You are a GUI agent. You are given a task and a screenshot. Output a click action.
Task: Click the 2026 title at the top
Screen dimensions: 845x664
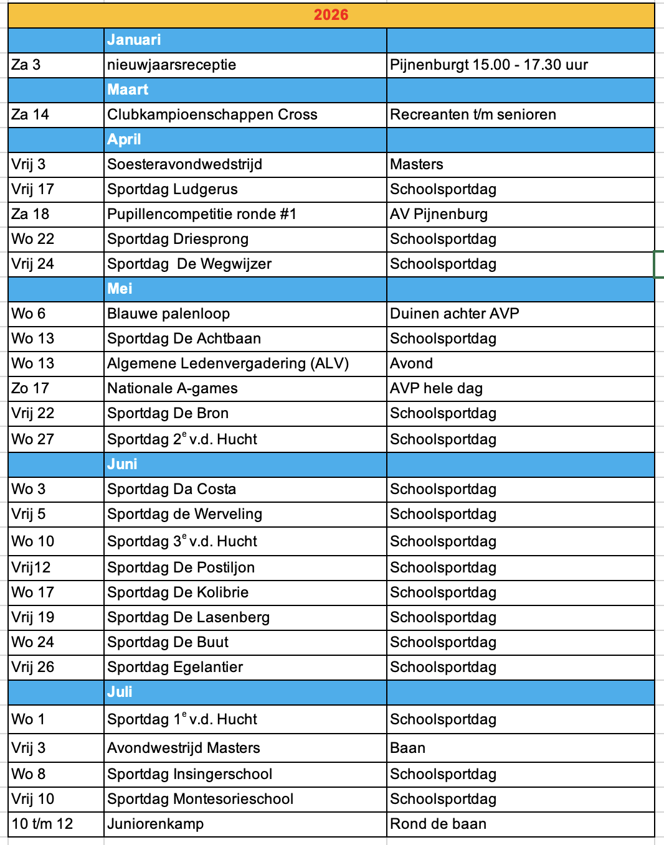331,15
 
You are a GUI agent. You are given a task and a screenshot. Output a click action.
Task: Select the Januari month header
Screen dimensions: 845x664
134,40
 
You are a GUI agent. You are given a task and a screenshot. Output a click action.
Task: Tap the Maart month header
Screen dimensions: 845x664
128,90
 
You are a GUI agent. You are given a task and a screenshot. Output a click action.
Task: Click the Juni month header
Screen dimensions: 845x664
122,464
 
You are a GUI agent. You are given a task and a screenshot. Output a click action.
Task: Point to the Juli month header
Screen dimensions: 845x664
120,692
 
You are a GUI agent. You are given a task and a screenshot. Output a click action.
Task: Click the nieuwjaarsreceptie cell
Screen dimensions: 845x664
171,65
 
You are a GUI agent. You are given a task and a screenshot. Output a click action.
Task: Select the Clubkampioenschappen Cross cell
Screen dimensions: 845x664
212,114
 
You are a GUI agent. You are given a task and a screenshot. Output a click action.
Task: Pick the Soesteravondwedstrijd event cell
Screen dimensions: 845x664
184,164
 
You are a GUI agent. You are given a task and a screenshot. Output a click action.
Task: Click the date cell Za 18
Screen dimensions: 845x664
30,214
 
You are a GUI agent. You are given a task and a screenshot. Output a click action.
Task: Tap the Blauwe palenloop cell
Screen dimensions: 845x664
168,314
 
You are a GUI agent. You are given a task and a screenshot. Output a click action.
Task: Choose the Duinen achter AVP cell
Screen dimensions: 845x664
454,314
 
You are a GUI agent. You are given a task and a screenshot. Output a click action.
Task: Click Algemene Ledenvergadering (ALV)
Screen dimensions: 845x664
228,363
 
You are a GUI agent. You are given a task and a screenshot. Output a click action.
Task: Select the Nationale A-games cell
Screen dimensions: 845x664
172,388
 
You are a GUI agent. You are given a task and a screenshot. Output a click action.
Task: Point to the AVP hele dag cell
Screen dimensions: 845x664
436,388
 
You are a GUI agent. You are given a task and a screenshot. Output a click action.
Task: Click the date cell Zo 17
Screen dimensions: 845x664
30,388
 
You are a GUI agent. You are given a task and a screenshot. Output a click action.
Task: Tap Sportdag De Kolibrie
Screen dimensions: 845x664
178,592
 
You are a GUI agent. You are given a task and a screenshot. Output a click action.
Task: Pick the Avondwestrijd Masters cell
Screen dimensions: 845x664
183,748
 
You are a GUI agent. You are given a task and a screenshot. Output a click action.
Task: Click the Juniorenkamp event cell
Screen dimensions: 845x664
155,824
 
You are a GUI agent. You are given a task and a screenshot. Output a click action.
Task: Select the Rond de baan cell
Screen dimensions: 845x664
438,824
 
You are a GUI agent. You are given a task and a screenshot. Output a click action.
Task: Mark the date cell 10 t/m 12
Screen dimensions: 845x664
42,824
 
